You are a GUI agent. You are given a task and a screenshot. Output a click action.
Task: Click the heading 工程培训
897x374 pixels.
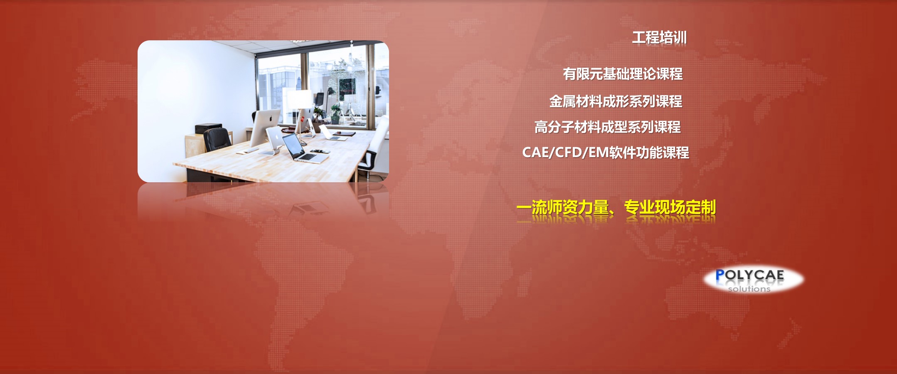pos(659,38)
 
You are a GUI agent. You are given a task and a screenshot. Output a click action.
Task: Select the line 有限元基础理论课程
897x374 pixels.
pos(623,74)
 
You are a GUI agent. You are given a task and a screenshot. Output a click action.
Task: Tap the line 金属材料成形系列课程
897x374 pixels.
pos(616,101)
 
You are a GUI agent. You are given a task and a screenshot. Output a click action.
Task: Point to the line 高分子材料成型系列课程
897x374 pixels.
pos(607,127)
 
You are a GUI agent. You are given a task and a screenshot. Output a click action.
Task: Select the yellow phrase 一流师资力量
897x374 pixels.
pos(562,207)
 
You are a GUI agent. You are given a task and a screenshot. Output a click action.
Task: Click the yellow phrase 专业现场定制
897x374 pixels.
pos(670,207)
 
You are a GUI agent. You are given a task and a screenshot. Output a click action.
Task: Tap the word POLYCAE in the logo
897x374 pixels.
pos(749,275)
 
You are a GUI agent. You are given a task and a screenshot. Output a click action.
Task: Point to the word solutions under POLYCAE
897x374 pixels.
pos(749,289)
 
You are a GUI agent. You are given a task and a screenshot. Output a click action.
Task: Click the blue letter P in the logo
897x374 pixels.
pos(720,275)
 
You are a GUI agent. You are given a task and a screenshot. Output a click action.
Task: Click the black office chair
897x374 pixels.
pos(217,140)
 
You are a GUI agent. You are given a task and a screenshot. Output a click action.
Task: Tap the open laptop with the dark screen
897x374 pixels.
pos(303,149)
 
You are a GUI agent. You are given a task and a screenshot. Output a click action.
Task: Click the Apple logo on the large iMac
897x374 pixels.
pos(271,119)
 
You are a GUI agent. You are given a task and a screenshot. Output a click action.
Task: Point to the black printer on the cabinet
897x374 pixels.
pos(208,128)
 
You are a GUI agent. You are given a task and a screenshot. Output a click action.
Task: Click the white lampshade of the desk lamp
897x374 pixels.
pos(299,99)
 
